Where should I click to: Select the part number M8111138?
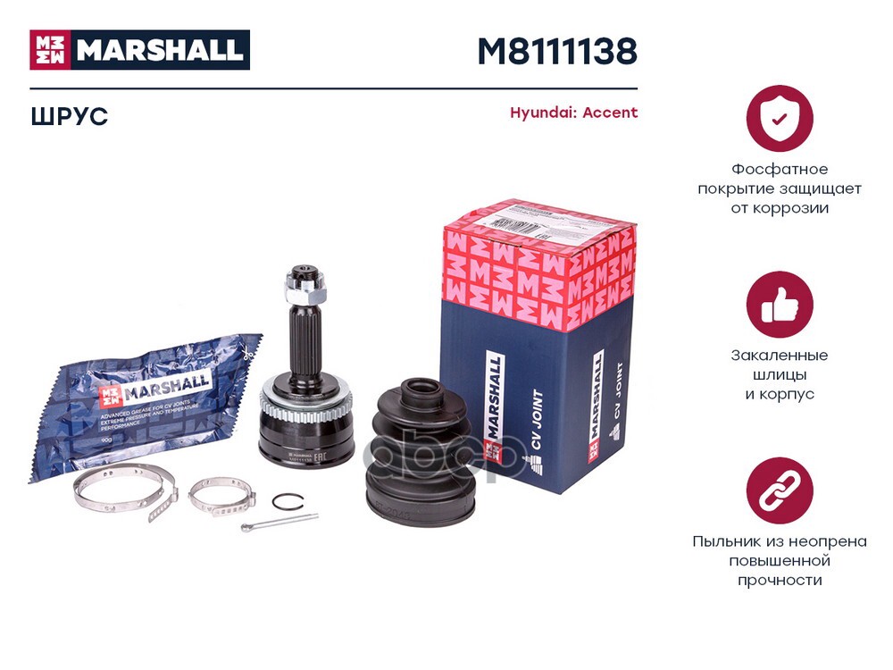pos(557,52)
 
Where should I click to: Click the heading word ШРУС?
pos(69,116)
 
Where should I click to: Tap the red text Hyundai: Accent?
pos(573,113)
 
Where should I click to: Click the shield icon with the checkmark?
pos(780,118)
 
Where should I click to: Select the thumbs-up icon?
pos(780,305)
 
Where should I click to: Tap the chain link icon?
pos(780,490)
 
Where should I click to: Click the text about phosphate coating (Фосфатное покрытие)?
pos(780,188)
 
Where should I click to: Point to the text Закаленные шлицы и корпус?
pos(780,374)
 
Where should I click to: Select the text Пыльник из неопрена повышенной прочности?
pos(780,560)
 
